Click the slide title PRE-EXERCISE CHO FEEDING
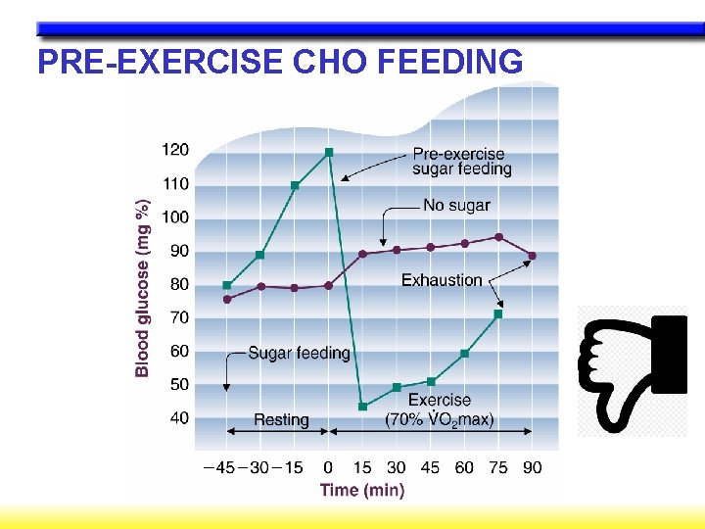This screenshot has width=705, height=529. pyautogui.click(x=280, y=62)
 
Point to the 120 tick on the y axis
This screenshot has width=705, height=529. pyautogui.click(x=175, y=150)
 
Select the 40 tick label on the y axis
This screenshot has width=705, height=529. pyautogui.click(x=179, y=418)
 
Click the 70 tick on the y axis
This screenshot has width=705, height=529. pyautogui.click(x=179, y=317)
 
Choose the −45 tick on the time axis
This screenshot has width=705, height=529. pyautogui.click(x=218, y=467)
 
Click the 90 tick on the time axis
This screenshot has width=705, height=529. pyautogui.click(x=532, y=467)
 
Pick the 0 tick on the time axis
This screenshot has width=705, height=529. pyautogui.click(x=328, y=467)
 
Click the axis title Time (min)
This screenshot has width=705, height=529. pyautogui.click(x=362, y=490)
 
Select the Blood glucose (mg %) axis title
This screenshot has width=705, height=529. pyautogui.click(x=143, y=287)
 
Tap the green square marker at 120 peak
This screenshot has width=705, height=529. pyautogui.click(x=329, y=152)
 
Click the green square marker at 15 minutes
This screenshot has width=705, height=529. pyautogui.click(x=362, y=406)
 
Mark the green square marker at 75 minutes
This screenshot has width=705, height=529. pyautogui.click(x=498, y=314)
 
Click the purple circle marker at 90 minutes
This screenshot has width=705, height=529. pyautogui.click(x=532, y=256)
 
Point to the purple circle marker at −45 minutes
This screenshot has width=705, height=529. pyautogui.click(x=227, y=299)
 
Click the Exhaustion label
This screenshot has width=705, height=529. pyautogui.click(x=442, y=280)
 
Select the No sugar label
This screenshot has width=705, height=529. pyautogui.click(x=456, y=206)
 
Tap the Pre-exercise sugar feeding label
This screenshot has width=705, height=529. pyautogui.click(x=461, y=161)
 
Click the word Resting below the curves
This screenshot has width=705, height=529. pyautogui.click(x=281, y=419)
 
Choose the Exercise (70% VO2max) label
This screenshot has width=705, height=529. pyautogui.click(x=440, y=409)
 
